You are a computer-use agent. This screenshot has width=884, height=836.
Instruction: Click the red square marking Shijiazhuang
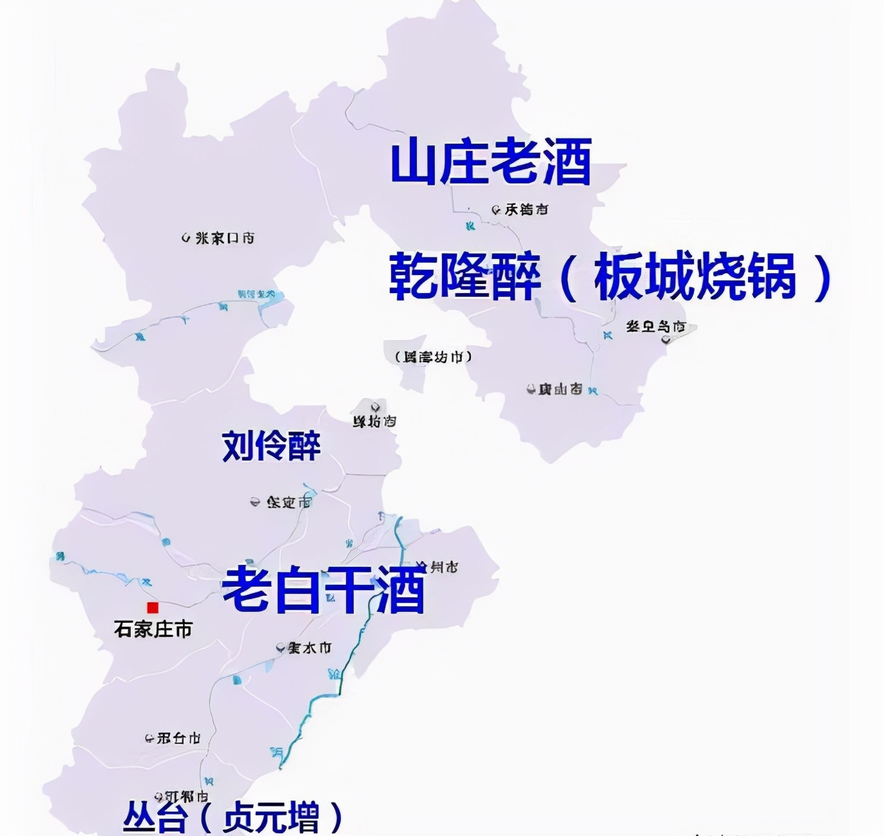(153, 607)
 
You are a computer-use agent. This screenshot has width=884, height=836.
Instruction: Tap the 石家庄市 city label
(153, 629)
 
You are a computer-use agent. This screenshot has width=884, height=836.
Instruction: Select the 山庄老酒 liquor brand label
(491, 163)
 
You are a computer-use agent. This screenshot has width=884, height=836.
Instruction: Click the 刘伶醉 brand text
(271, 445)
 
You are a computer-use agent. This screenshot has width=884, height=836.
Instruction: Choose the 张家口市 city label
(224, 238)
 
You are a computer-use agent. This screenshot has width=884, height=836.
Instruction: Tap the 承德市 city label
(526, 209)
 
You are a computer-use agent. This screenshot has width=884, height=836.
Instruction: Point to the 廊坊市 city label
(374, 422)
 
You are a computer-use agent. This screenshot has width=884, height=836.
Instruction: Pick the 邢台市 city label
(178, 738)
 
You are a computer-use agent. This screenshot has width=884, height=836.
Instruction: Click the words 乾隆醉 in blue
(464, 277)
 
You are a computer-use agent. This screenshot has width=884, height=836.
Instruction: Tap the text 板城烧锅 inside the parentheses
(695, 277)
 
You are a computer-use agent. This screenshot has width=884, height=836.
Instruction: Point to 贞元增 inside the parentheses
(271, 818)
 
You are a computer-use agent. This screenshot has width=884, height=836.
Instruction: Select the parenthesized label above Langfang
(434, 356)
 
